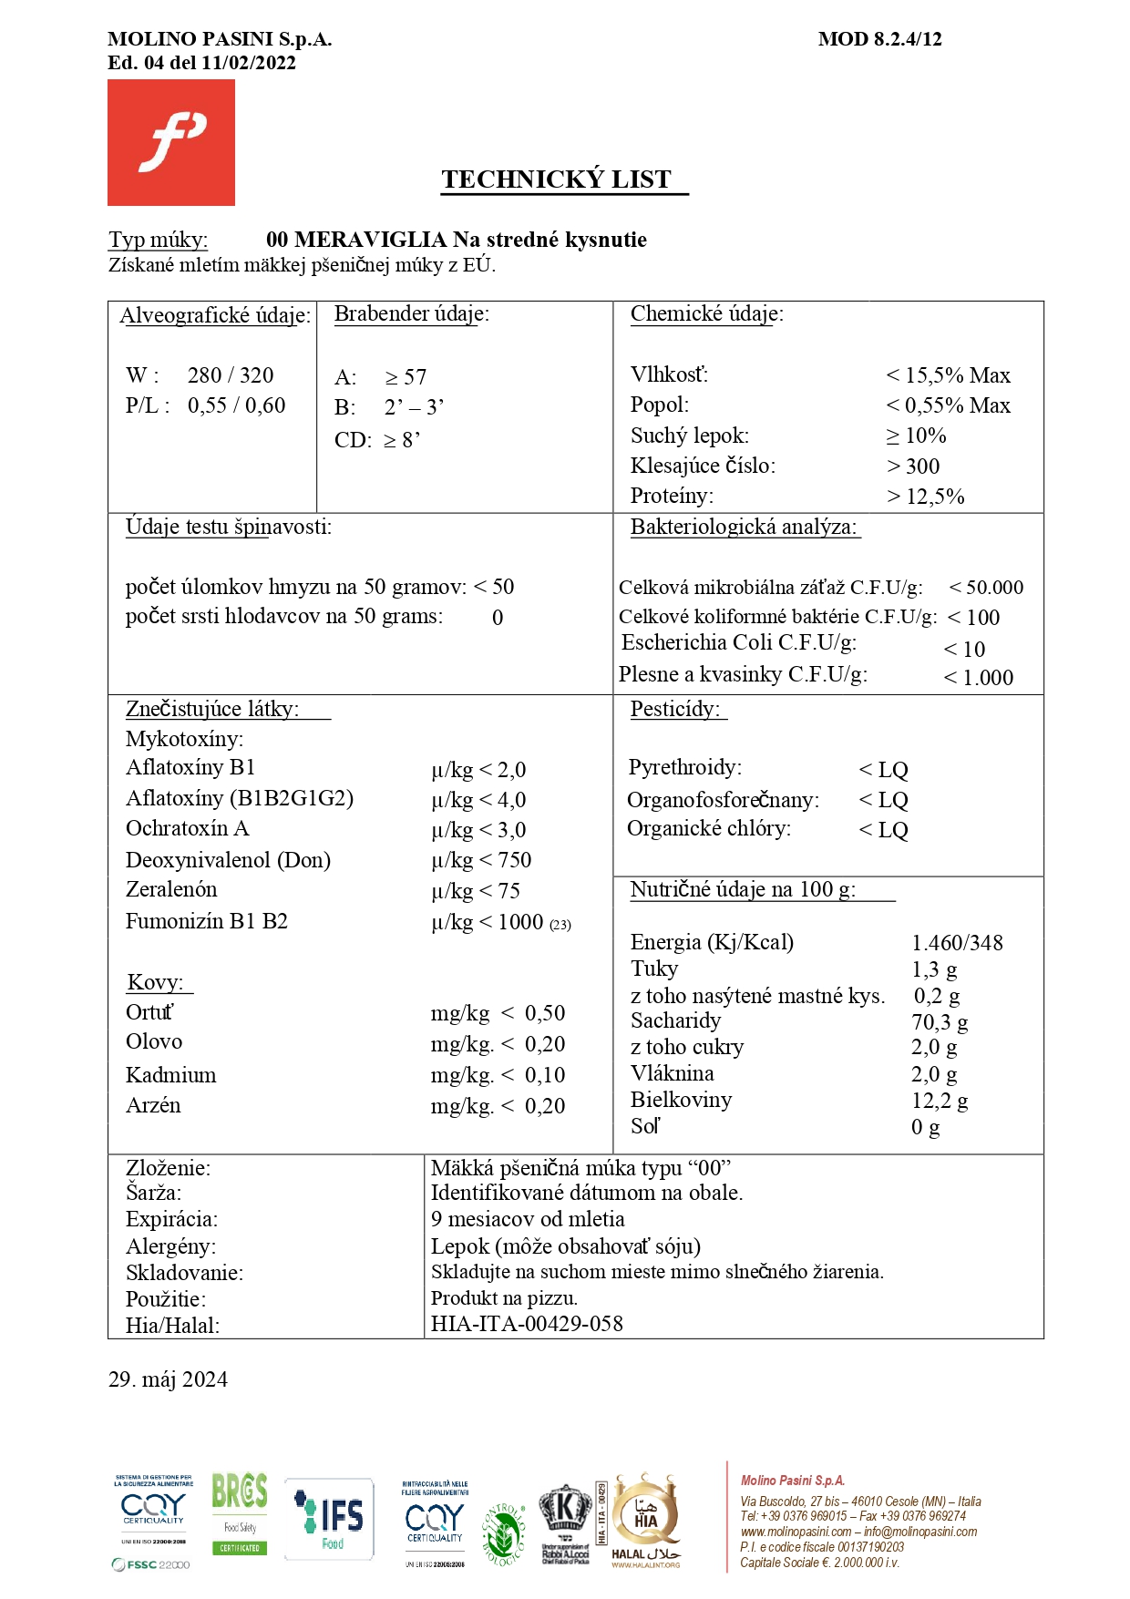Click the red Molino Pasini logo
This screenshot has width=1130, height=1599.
[x=171, y=142]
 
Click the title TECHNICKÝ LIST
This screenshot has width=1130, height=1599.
[x=557, y=179]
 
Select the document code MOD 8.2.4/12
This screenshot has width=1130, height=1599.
[x=879, y=39]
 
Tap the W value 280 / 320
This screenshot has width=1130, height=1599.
[x=231, y=375]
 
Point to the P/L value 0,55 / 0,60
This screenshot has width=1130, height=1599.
[x=237, y=405]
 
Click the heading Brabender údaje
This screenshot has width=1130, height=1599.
[x=411, y=314]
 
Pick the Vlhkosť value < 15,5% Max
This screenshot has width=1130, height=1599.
[x=948, y=375]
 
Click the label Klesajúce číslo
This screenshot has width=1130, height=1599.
[x=703, y=466]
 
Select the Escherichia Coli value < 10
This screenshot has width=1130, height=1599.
[x=964, y=650]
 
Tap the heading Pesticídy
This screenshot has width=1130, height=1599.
[x=675, y=710]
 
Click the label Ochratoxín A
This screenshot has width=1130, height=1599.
[x=187, y=829]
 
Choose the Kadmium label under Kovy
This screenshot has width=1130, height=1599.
[x=171, y=1075]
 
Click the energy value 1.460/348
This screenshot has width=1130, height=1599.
[x=957, y=943]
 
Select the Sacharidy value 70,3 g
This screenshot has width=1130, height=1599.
[x=940, y=1022]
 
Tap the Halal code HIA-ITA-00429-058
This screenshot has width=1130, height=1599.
[x=527, y=1324]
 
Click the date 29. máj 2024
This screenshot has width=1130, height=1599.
[x=168, y=1379]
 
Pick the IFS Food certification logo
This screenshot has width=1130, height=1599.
[x=330, y=1519]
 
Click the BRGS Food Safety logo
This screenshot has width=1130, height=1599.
[x=240, y=1513]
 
